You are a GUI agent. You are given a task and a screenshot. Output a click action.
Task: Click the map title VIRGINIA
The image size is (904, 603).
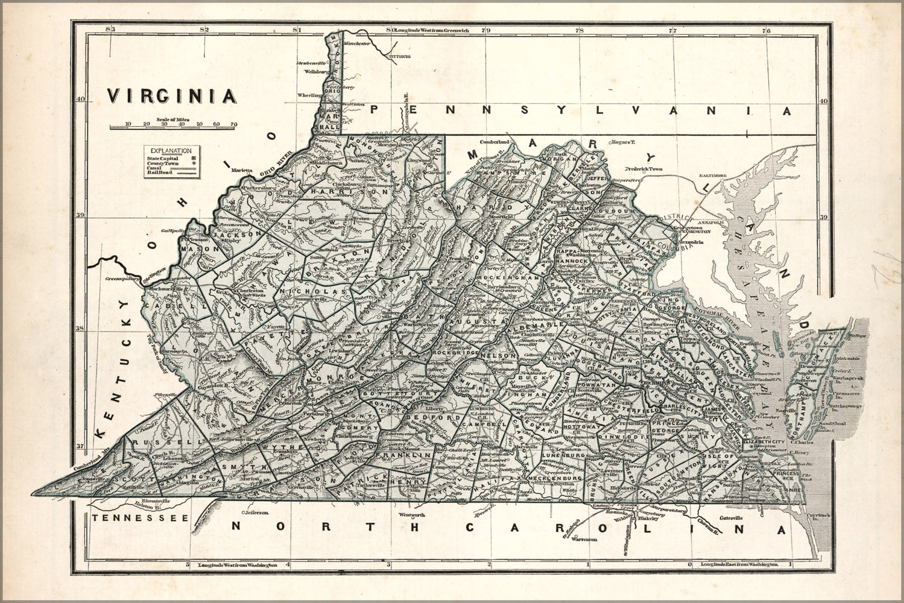point(171,95)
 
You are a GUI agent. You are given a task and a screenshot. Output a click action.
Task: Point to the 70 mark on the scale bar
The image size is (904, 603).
point(233,124)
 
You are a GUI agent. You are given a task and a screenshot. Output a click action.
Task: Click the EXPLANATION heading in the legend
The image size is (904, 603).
point(171,151)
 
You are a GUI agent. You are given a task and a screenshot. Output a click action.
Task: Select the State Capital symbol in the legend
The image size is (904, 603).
point(193,158)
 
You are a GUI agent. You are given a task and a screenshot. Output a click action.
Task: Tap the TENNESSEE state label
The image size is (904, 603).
point(140,518)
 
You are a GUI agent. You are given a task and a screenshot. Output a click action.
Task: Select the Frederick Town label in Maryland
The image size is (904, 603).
point(643,169)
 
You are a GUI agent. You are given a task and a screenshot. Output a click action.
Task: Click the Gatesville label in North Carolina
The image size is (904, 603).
point(734,518)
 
